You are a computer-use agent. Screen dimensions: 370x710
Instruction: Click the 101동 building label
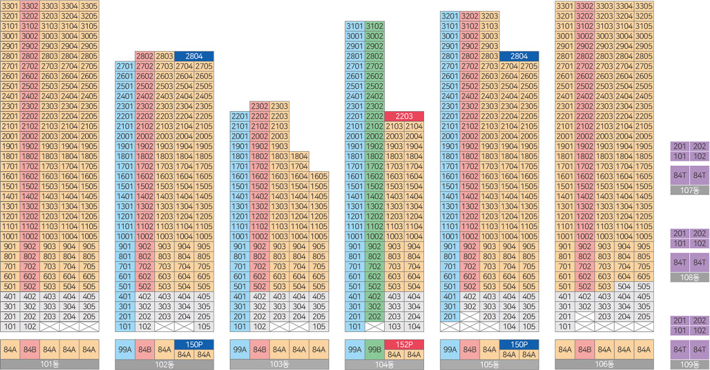tap(50, 364)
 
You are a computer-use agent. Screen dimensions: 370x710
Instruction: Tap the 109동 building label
tap(690, 365)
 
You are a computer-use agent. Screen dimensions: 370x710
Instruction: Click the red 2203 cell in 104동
tap(404, 116)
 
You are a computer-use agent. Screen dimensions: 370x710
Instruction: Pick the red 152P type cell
tap(404, 344)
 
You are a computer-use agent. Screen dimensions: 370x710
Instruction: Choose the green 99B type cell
tap(374, 349)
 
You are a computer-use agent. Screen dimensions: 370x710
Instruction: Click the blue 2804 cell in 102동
tap(194, 56)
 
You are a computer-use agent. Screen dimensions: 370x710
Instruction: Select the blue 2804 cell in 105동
tap(519, 56)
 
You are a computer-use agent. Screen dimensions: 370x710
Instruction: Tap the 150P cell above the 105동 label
tap(519, 344)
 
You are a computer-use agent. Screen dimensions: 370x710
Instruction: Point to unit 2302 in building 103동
tap(259, 106)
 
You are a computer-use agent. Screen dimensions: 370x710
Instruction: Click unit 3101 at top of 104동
tap(355, 26)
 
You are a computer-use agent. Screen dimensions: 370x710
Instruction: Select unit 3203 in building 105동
tap(489, 16)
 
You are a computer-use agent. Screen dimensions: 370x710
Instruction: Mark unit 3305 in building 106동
tap(644, 6)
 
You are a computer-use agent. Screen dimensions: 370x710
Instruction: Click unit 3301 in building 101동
tap(10, 6)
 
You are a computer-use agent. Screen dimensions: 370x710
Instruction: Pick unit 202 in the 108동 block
tap(700, 234)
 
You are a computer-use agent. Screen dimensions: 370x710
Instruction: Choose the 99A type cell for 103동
tap(239, 349)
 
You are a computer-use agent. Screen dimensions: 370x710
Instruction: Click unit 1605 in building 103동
tap(318, 176)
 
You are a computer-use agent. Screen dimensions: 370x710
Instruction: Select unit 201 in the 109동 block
tap(680, 321)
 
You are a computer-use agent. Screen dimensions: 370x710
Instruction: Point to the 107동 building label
tap(690, 190)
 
